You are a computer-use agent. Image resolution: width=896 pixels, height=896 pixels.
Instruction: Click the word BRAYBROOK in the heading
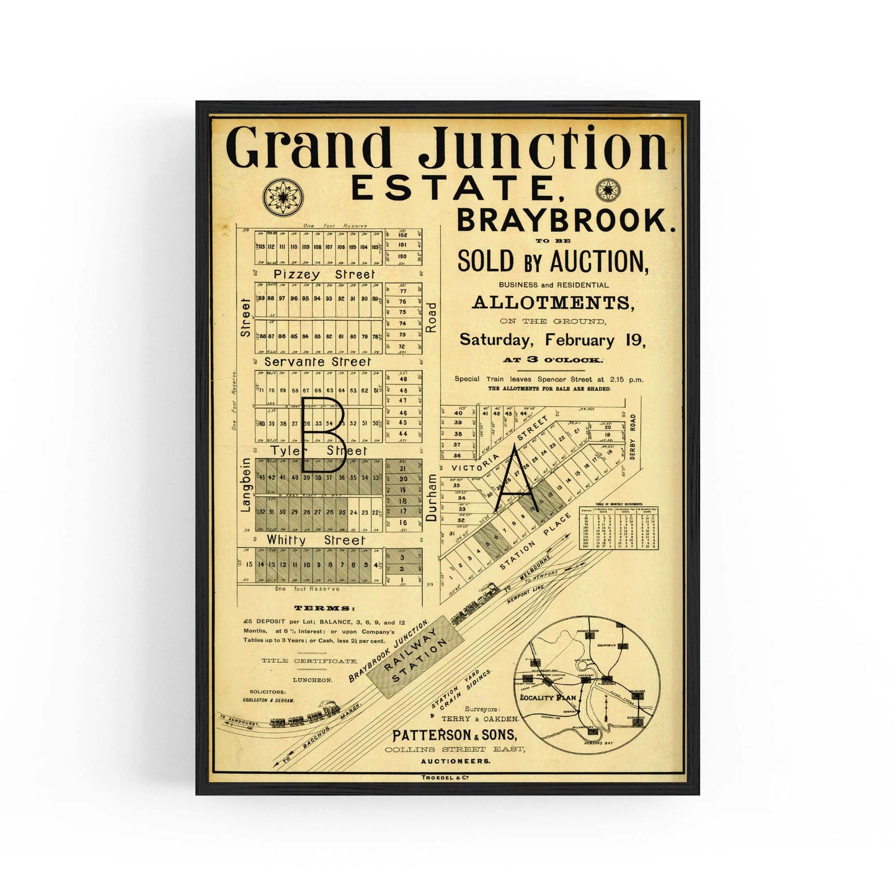tap(566, 220)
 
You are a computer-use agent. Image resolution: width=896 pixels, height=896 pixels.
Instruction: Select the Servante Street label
tap(317, 361)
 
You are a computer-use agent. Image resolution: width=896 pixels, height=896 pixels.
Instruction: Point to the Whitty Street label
tap(316, 540)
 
